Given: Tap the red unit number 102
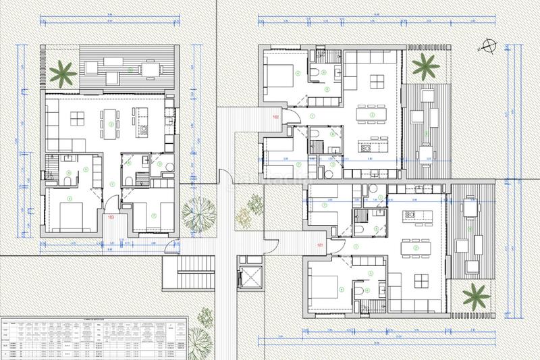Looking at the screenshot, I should point(276,118).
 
